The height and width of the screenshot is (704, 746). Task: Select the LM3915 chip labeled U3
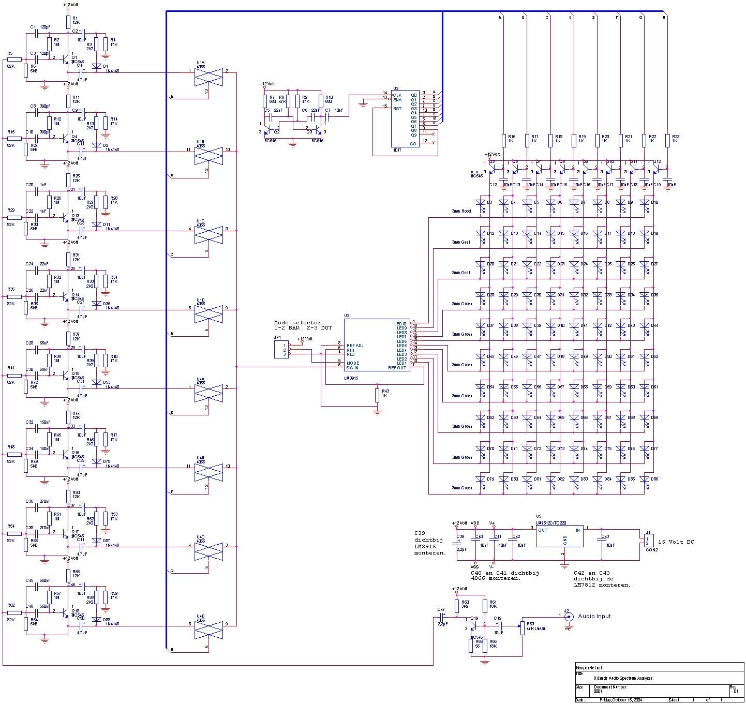click(376, 345)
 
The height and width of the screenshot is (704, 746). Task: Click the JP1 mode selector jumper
click(281, 350)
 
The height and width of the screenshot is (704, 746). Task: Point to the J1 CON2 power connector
click(649, 541)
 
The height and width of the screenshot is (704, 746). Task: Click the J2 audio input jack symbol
click(568, 617)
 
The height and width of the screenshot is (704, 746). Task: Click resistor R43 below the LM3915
click(377, 395)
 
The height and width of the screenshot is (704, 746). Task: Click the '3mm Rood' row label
click(461, 211)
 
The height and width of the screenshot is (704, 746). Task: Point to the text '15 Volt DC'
click(676, 542)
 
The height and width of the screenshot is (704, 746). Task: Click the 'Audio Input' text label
click(594, 616)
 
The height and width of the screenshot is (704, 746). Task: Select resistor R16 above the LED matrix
click(503, 140)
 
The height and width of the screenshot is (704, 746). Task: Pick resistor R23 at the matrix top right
click(667, 140)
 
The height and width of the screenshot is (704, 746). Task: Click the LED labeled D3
click(482, 203)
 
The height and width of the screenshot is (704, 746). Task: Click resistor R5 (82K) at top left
click(14, 59)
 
